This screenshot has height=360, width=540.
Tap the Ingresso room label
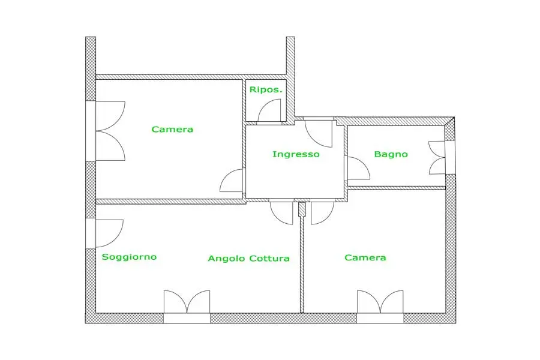click(296, 154)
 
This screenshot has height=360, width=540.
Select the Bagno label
click(391, 154)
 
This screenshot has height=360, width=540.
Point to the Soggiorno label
click(129, 257)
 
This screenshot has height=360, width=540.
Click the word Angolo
click(226, 259)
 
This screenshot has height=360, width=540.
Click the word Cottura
click(269, 259)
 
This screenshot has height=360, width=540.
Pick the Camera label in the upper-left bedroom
click(172, 129)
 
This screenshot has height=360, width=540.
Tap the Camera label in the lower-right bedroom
click(365, 257)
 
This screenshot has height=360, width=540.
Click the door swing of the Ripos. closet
click(269, 110)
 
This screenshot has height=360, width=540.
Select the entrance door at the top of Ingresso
click(318, 133)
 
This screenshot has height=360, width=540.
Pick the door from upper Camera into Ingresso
click(233, 181)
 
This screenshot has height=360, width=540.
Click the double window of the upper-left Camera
click(109, 130)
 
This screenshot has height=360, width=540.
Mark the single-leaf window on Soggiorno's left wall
click(109, 233)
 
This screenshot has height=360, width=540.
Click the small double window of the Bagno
click(438, 157)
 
